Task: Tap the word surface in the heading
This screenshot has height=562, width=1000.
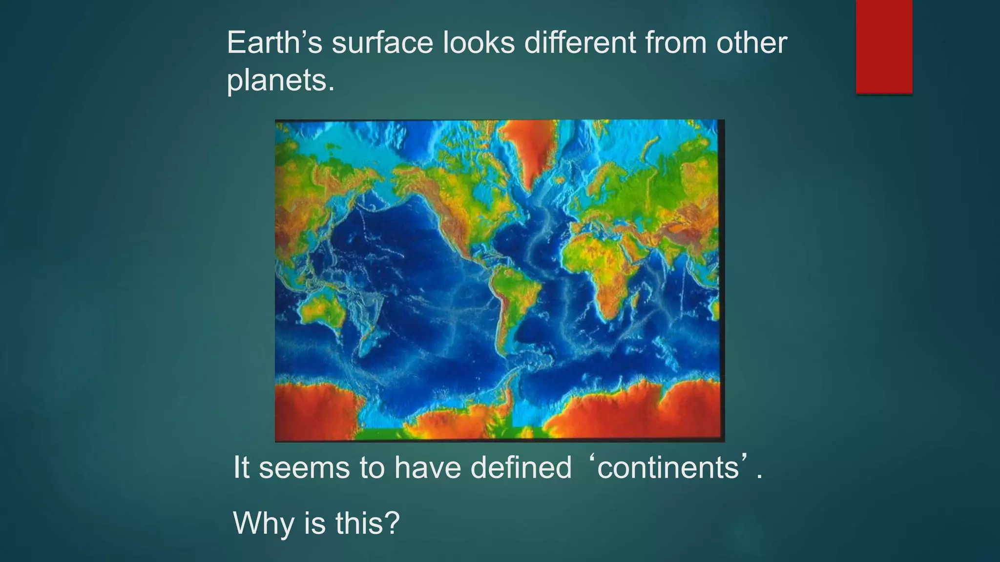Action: coord(382,43)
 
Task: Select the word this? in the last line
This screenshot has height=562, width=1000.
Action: coord(367,523)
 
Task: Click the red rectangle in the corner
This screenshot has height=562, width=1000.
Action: coord(884,46)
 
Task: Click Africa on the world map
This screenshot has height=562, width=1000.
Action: coord(605,263)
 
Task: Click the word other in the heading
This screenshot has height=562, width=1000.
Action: coord(751,43)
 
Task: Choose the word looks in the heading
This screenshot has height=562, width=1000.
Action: coord(479,43)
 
